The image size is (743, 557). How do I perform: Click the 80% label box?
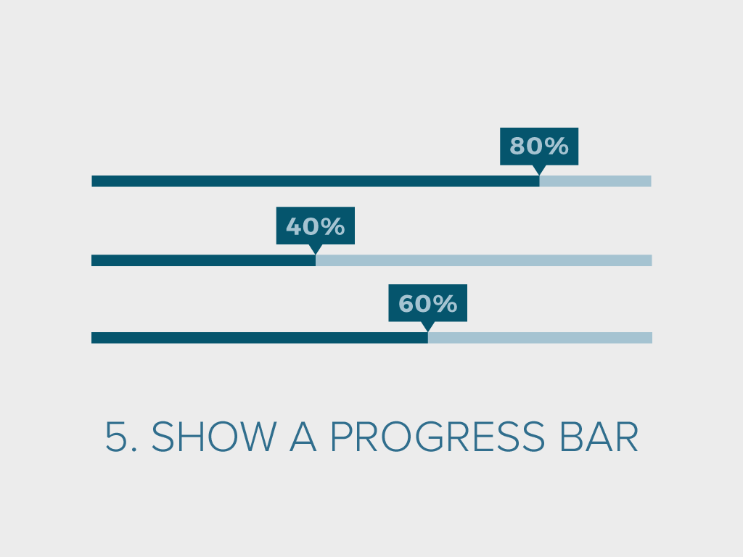[539, 147]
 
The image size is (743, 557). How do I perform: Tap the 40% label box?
[315, 226]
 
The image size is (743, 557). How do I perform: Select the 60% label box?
[427, 303]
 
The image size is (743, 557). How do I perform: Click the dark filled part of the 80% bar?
[315, 181]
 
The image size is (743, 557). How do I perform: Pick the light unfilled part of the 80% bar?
[595, 181]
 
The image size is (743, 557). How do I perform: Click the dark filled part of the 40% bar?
[203, 260]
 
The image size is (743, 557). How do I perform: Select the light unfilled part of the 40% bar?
[484, 260]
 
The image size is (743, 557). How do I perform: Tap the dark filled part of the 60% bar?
[260, 338]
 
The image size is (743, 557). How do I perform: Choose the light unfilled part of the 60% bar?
[540, 338]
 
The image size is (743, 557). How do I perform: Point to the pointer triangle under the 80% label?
[539, 169]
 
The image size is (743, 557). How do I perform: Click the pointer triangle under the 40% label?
[316, 248]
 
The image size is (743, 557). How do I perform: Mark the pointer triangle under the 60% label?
[428, 326]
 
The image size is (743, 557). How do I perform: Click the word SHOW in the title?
[214, 436]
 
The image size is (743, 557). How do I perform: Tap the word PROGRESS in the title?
[438, 436]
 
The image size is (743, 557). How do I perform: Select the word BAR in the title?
[599, 436]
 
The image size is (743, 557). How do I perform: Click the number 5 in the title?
[114, 436]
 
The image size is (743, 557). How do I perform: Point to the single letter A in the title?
[303, 436]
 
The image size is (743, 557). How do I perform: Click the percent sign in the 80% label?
[557, 146]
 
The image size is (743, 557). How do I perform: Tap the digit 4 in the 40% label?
[294, 226]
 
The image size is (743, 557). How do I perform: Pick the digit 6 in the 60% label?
[406, 304]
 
